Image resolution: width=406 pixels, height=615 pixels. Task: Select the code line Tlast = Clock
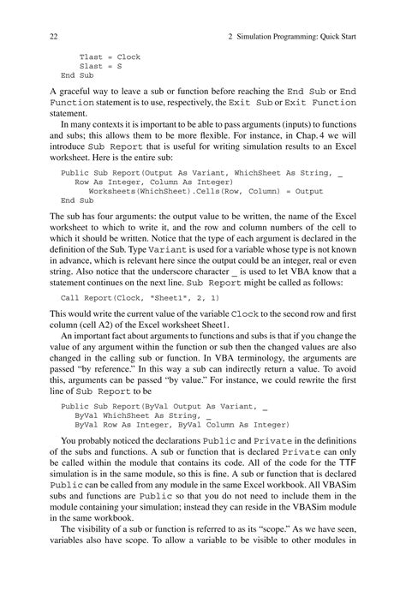click(x=110, y=57)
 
